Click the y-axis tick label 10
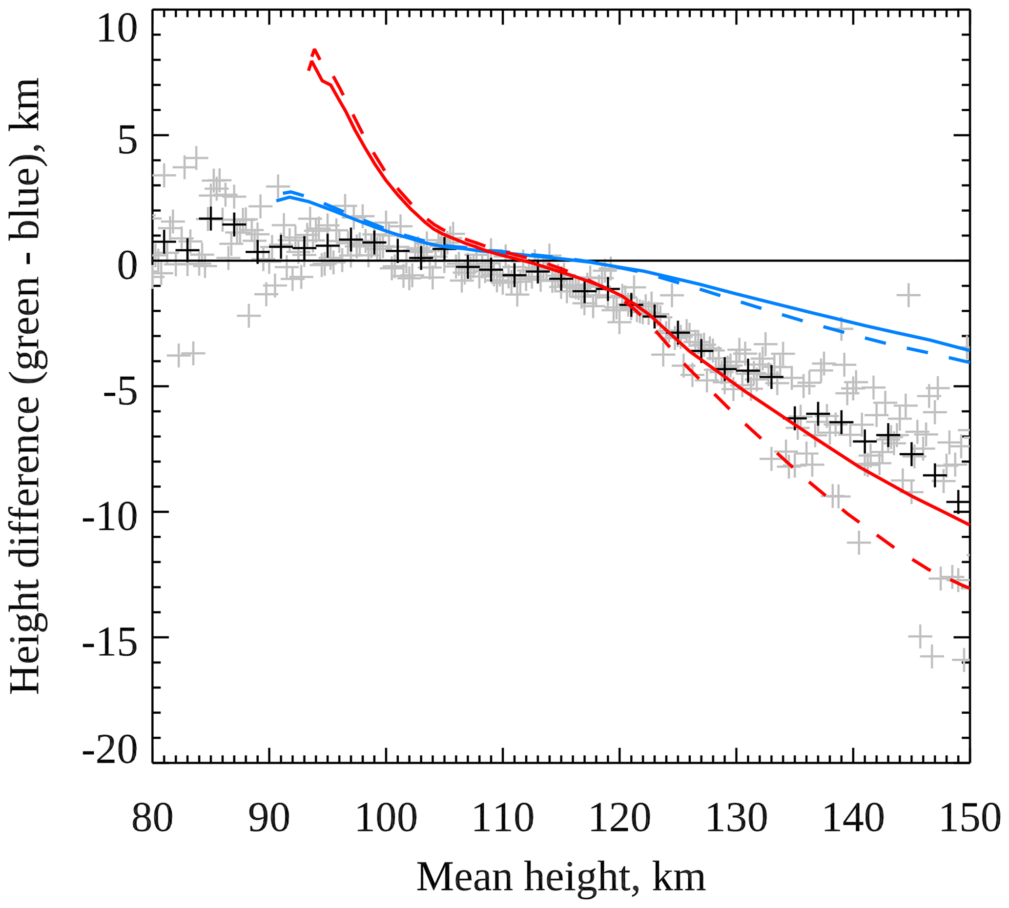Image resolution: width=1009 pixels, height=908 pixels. click(x=117, y=30)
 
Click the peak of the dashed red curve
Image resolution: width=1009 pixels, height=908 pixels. click(x=314, y=49)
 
